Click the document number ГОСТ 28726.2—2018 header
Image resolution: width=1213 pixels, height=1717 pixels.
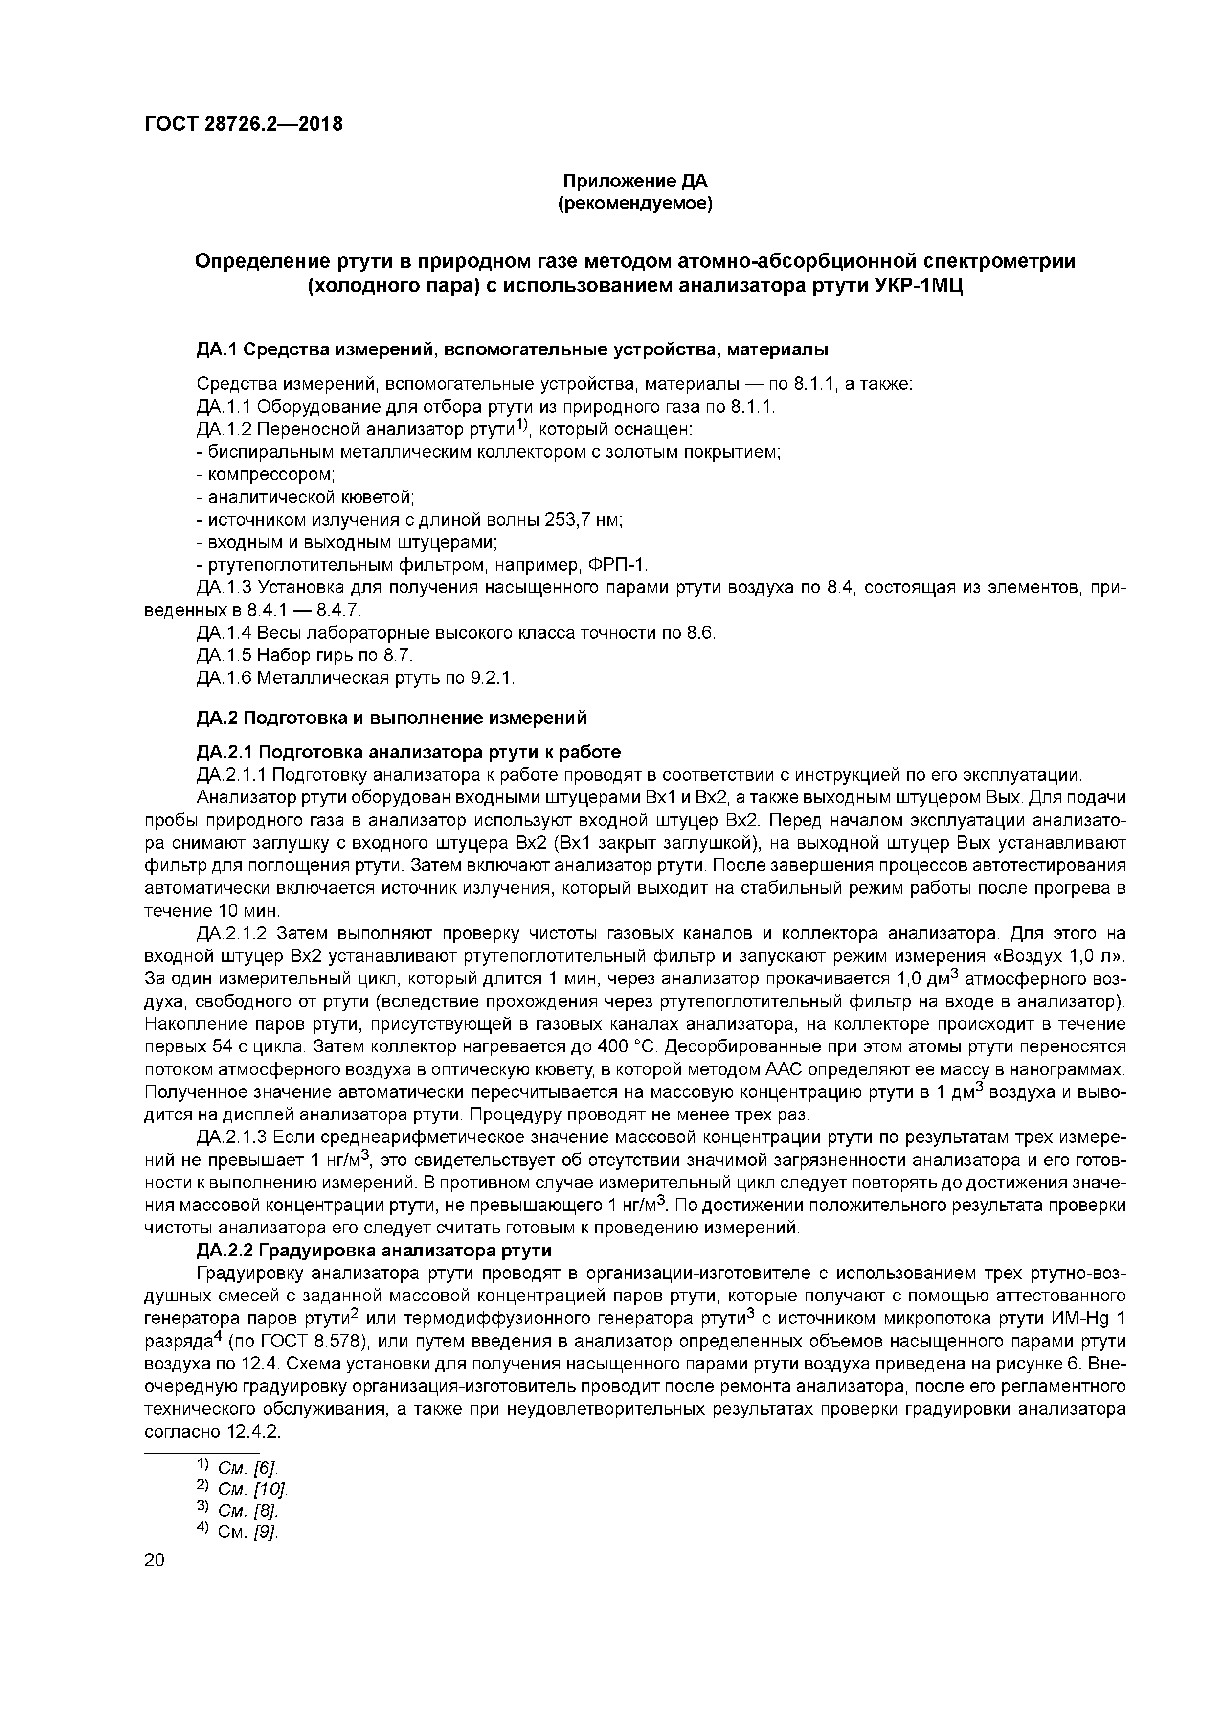(x=243, y=124)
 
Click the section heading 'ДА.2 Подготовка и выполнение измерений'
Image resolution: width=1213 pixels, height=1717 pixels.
(x=392, y=718)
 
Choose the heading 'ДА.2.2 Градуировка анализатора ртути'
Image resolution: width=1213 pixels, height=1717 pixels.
(x=374, y=1251)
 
